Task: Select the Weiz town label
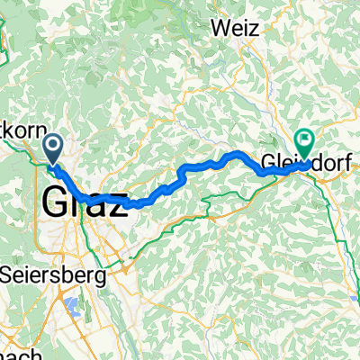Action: click(236, 28)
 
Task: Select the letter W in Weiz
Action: click(220, 28)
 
